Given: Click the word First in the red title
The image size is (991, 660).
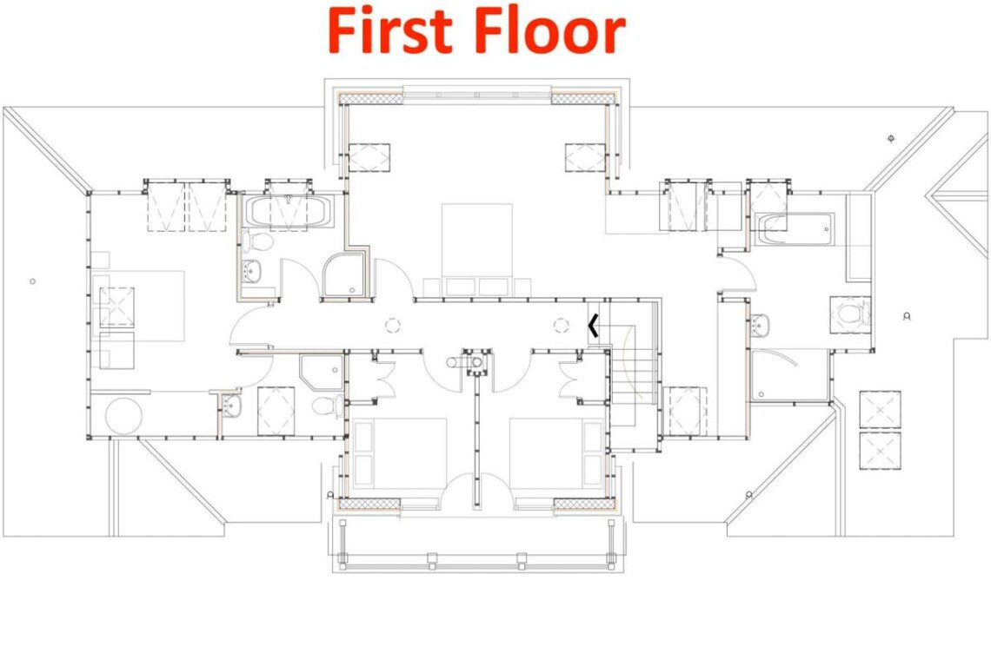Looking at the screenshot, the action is [390, 31].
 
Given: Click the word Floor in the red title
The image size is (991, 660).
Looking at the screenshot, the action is [549, 31].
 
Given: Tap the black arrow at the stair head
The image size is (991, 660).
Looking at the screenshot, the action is [593, 326].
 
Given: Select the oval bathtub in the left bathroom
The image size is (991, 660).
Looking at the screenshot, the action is [289, 212].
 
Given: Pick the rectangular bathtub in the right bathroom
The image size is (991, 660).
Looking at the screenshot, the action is [794, 228].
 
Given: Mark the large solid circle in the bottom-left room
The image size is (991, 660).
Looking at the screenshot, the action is [123, 416].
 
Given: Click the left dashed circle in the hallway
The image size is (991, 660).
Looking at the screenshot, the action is [392, 326].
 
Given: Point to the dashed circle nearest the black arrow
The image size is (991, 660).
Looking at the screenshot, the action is [562, 326].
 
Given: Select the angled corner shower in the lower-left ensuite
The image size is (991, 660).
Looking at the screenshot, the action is [322, 373].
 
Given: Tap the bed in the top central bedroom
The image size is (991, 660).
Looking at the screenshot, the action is [476, 249].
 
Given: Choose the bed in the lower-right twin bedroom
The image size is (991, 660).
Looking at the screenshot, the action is [557, 453].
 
